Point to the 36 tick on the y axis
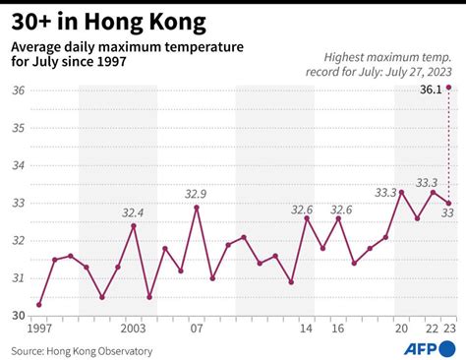[x=19, y=90]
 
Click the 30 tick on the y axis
[x=19, y=316]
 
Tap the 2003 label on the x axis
[x=134, y=328]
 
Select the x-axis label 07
[x=197, y=328]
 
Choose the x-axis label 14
[x=307, y=328]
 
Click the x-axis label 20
[x=401, y=328]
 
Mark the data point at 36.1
[x=448, y=88]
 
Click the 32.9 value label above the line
[x=197, y=194]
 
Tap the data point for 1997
[x=39, y=304]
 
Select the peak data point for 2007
[x=197, y=208]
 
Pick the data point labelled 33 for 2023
[x=448, y=204]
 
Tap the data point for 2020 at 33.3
[x=401, y=192]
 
